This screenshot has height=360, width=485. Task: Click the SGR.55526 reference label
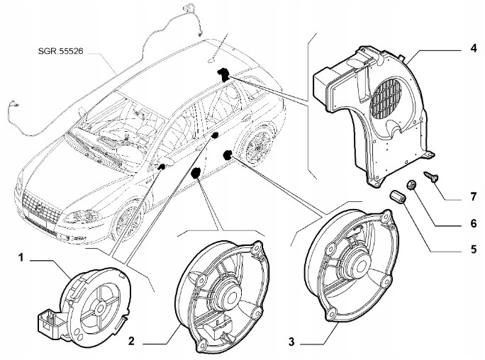click(x=61, y=51)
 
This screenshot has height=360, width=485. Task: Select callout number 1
click(x=21, y=257)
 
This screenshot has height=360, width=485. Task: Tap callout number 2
click(x=131, y=342)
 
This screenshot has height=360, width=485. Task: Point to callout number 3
click(x=291, y=342)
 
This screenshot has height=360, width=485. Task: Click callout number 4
click(x=474, y=48)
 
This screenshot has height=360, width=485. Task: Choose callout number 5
click(x=474, y=249)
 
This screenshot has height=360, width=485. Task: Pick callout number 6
click(x=474, y=223)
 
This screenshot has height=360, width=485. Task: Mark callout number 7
click(x=474, y=196)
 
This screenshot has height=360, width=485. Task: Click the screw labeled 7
click(x=432, y=176)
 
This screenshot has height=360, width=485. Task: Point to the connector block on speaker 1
click(x=50, y=323)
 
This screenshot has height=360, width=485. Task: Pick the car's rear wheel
click(x=258, y=145)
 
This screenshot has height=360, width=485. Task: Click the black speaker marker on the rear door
click(x=228, y=154)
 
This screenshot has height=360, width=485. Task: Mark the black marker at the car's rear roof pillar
click(x=223, y=74)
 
